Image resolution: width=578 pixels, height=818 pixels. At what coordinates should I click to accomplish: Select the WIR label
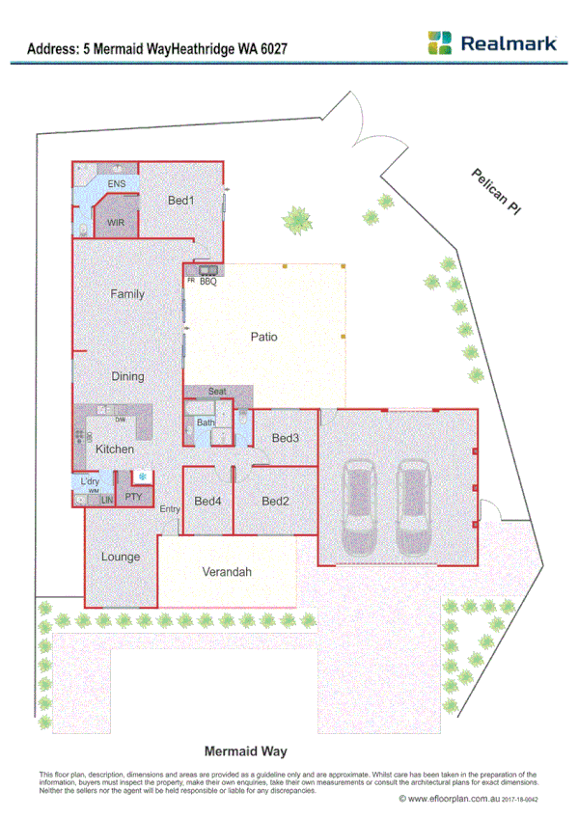[116, 223]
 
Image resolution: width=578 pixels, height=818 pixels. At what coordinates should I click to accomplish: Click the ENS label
[116, 183]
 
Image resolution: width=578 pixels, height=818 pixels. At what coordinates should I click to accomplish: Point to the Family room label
[127, 293]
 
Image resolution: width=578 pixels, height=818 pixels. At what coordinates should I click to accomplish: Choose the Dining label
[127, 377]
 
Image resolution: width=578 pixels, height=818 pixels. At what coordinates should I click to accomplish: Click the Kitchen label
[115, 450]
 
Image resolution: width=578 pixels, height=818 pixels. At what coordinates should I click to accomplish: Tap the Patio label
[263, 338]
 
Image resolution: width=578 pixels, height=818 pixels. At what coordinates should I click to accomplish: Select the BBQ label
[207, 281]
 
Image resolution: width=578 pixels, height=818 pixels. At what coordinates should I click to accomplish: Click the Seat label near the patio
[217, 392]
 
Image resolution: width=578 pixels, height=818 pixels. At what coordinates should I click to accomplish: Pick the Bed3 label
[285, 438]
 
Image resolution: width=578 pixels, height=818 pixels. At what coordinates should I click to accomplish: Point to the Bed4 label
[207, 502]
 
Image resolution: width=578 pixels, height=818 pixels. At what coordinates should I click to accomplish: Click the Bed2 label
[275, 502]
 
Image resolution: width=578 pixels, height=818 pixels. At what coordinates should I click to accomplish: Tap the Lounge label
[121, 557]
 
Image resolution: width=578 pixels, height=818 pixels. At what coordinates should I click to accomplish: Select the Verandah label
[227, 572]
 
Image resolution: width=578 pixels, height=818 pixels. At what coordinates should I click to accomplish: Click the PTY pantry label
[134, 497]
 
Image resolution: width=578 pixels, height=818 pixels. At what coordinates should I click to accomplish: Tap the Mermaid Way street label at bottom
[246, 750]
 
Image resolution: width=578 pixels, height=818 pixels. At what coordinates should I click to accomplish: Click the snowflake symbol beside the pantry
[143, 477]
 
